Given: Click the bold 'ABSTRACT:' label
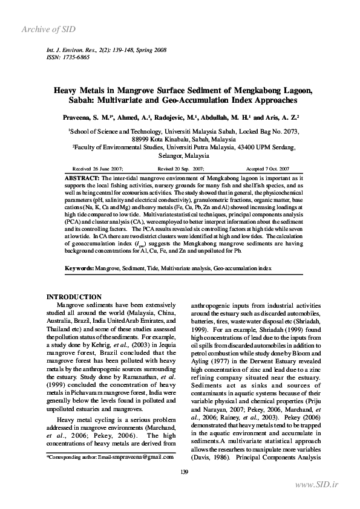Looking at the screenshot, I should coord(82,178).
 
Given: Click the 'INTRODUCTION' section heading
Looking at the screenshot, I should coord(74,297).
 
